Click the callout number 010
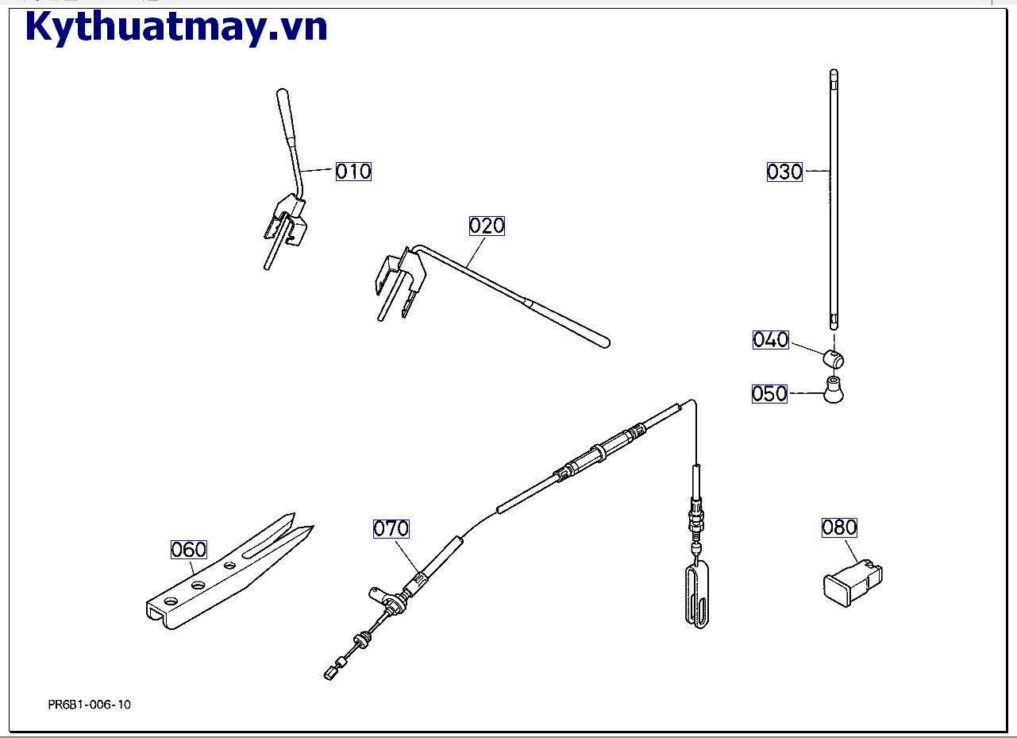tap(353, 172)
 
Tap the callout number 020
tap(487, 226)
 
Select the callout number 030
tap(784, 172)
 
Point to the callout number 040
tap(770, 340)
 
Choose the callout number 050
tap(769, 393)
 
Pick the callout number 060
tap(188, 550)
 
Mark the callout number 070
tap(391, 528)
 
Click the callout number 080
tap(839, 527)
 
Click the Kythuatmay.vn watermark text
tap(176, 27)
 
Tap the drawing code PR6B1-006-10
tap(90, 705)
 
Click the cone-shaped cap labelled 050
tap(834, 390)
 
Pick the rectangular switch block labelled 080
tap(853, 584)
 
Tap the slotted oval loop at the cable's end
tap(697, 595)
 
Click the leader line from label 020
tap(476, 252)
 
